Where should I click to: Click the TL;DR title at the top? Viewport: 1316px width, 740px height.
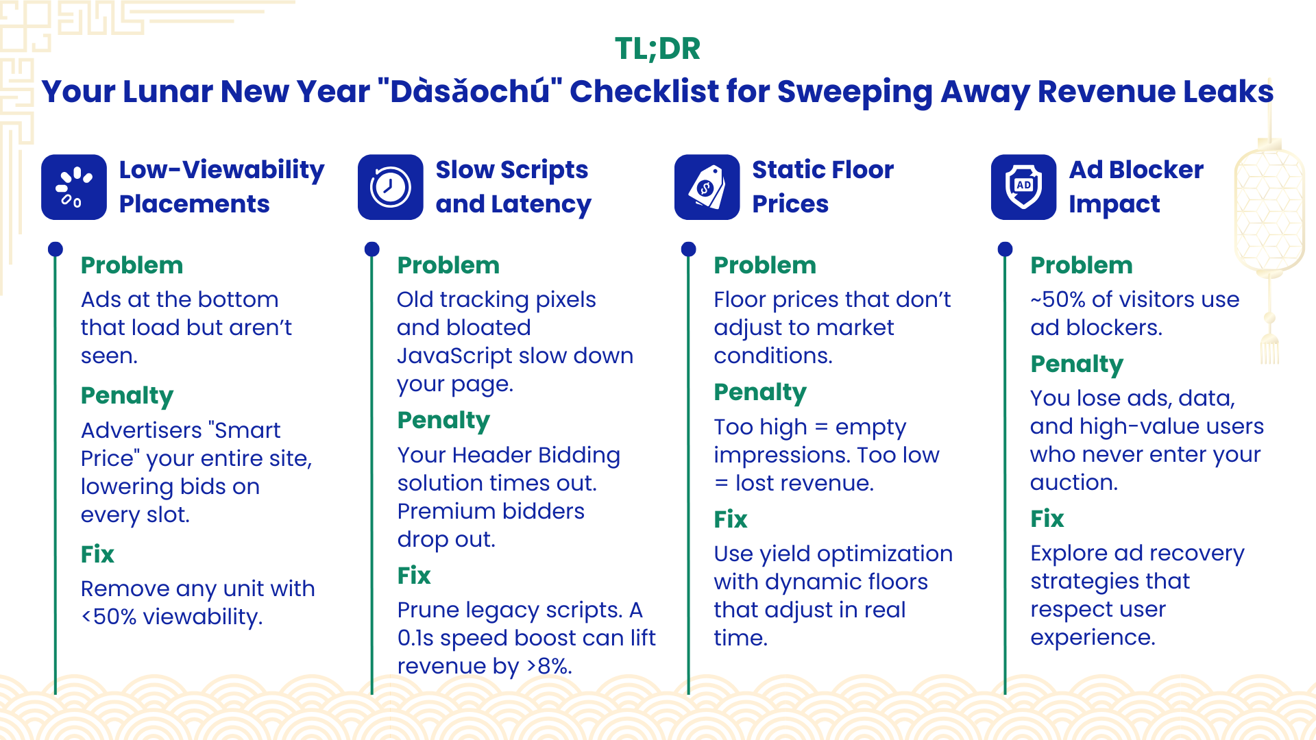tap(657, 49)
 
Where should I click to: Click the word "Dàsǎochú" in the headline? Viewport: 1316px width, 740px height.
tap(470, 91)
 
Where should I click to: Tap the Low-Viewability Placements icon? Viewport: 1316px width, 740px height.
tap(74, 187)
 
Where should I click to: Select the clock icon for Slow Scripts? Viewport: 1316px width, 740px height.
tap(391, 187)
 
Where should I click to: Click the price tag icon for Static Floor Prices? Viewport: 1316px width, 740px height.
tap(707, 187)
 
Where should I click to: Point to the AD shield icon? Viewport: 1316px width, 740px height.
tap(1024, 187)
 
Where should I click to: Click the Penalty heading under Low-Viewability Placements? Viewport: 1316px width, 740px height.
tap(127, 396)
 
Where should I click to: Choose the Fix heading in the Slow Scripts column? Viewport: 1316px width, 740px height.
tap(414, 576)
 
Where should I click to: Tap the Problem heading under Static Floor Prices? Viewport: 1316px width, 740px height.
tap(765, 265)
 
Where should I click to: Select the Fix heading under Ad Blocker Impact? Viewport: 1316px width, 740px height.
tap(1047, 519)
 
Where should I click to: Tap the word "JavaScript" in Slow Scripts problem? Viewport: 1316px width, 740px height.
tap(456, 356)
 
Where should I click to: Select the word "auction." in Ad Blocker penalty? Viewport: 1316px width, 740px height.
tap(1074, 482)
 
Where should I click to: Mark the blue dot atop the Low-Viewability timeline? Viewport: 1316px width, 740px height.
tap(56, 249)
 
